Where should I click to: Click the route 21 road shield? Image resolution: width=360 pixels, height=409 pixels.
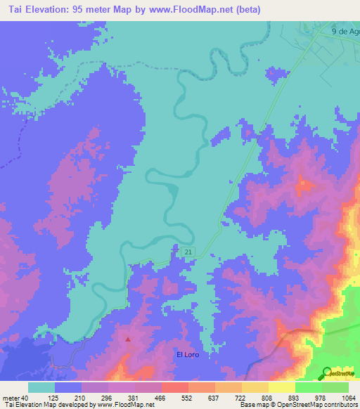coord(188,252)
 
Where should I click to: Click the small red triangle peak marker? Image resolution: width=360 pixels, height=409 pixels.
coord(128,339)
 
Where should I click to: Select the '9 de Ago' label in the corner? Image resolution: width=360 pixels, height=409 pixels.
coord(345,32)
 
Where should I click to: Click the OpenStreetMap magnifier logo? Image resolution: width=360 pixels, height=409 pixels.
coord(328,372)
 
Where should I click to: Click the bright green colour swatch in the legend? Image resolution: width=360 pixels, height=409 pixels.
coord(309,387)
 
